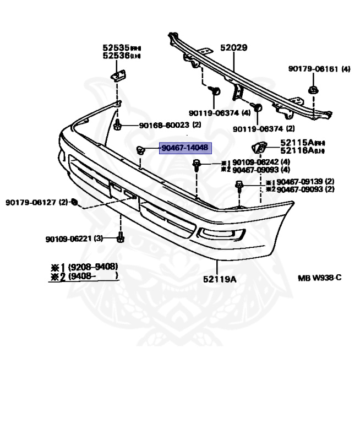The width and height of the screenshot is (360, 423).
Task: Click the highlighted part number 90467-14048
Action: [185, 148]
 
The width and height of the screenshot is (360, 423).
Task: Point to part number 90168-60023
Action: [164, 125]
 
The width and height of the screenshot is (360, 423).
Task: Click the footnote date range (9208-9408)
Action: [93, 268]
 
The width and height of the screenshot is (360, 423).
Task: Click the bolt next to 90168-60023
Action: [118, 126]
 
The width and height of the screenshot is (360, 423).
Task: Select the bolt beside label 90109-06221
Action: [121, 238]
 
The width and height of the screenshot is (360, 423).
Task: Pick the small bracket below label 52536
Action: [118, 73]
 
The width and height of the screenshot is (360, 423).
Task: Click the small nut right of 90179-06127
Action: [75, 202]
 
